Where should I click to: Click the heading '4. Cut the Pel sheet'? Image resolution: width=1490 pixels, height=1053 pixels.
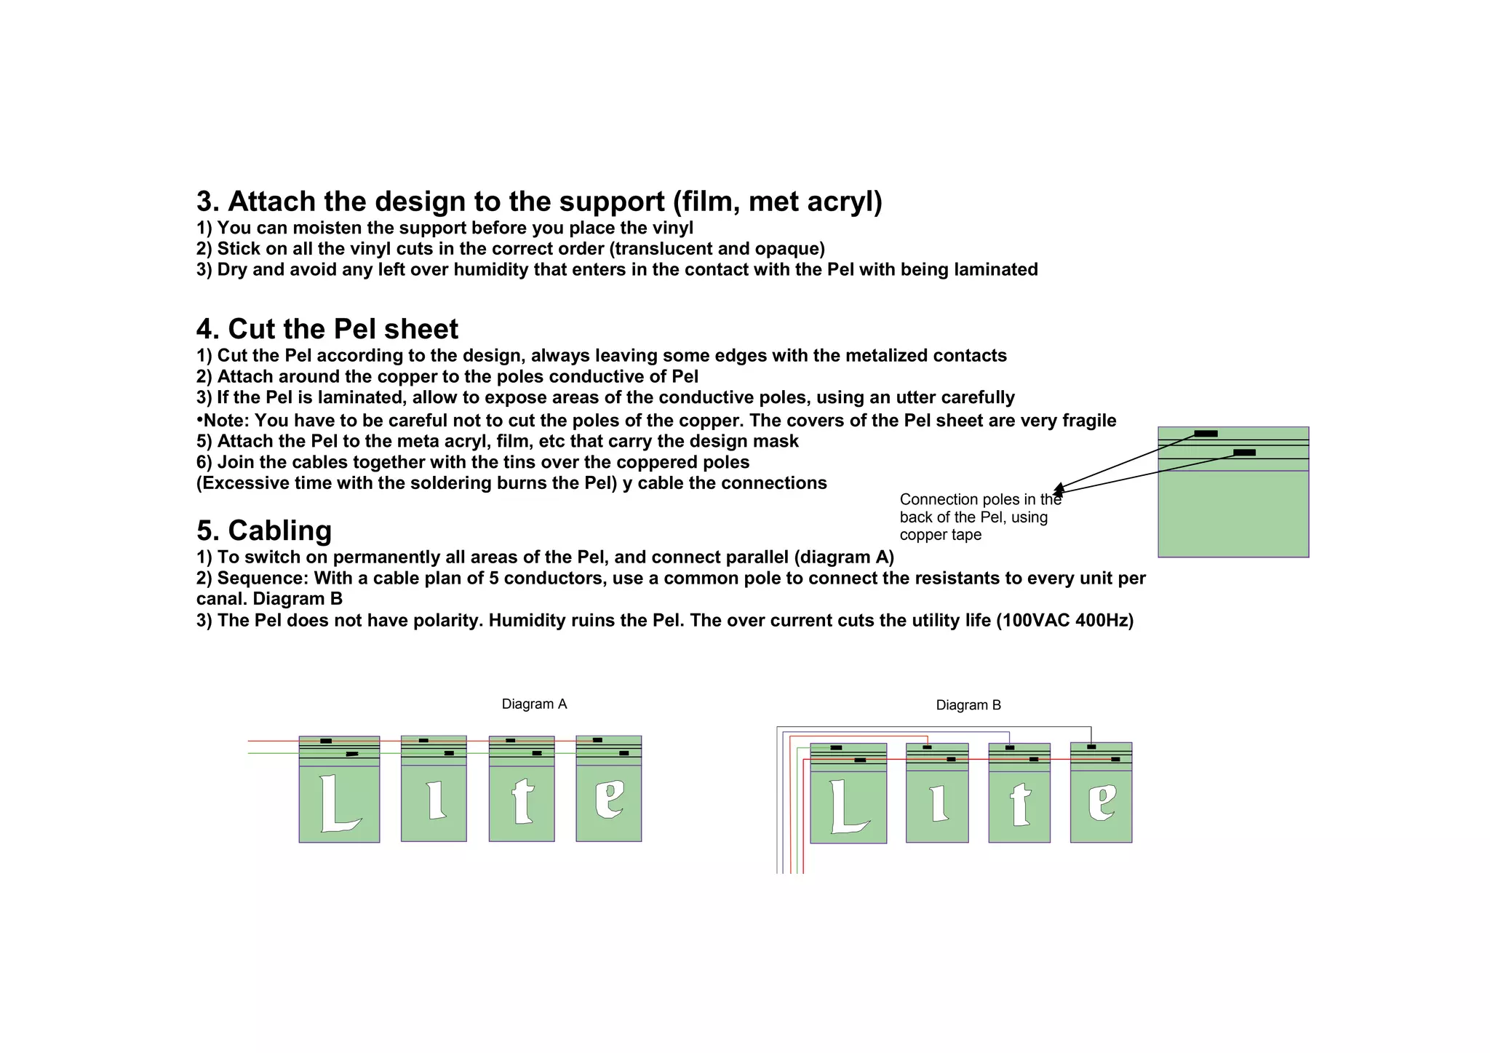(327, 329)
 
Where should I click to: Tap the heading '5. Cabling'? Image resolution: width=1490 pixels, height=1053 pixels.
(264, 531)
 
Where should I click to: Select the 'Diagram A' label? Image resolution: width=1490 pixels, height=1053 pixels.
(534, 704)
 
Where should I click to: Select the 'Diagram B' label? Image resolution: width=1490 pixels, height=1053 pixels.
(968, 704)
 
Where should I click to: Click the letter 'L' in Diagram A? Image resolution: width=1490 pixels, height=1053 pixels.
(335, 804)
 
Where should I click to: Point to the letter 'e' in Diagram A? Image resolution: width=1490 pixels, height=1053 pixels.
(609, 798)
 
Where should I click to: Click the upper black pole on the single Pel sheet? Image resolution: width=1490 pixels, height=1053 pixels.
(1206, 434)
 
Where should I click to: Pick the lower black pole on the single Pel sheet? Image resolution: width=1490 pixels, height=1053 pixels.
(1244, 453)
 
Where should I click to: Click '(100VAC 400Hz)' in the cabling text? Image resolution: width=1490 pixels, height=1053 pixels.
(1064, 621)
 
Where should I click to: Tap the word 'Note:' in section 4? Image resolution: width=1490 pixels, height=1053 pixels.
(226, 421)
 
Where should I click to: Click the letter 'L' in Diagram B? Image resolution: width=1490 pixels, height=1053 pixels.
(845, 806)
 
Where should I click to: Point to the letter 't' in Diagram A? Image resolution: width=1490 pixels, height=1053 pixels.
(522, 800)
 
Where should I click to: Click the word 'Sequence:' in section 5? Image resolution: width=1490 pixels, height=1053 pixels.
(263, 579)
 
